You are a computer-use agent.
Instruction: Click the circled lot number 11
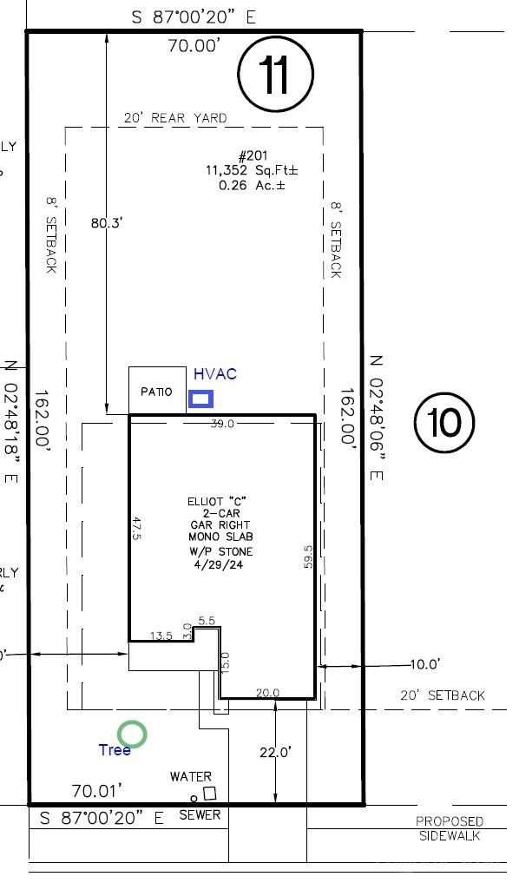[274, 76]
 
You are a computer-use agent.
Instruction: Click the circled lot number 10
[444, 423]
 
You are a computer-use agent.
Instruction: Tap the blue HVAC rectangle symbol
[201, 399]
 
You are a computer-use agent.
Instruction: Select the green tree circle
[133, 735]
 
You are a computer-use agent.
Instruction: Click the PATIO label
[156, 392]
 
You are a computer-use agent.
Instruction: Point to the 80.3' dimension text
[108, 222]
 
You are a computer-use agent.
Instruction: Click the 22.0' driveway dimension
[274, 752]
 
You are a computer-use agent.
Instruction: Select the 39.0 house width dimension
[223, 423]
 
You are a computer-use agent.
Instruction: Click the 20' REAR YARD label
[174, 118]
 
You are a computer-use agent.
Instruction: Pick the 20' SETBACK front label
[441, 695]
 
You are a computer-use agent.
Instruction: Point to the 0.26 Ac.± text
[251, 185]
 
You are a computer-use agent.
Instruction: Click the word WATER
[190, 776]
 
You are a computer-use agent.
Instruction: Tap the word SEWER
[200, 815]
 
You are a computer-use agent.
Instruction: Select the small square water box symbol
[209, 794]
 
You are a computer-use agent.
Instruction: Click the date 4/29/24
[220, 564]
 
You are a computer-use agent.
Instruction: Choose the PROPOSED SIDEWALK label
[449, 828]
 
